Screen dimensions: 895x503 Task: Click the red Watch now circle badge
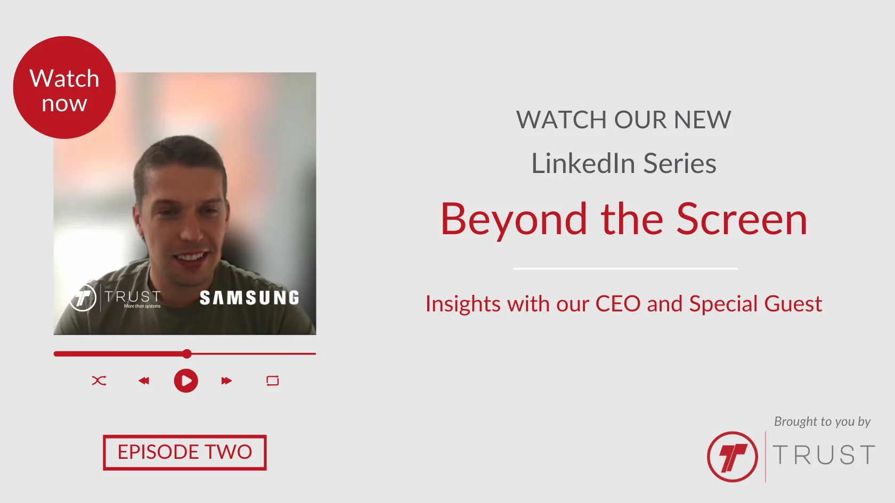(64, 87)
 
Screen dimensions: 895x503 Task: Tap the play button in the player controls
(186, 381)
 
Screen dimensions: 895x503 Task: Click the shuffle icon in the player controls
(99, 381)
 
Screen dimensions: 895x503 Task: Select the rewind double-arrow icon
(144, 381)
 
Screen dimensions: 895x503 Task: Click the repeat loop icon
(273, 381)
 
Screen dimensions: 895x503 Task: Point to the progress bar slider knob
(187, 353)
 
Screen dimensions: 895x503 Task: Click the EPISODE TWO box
(184, 452)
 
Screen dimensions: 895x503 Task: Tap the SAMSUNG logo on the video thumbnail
(249, 298)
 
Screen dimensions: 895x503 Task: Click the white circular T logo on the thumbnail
(83, 298)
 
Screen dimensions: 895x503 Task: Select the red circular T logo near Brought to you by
(733, 456)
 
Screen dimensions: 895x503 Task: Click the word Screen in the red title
(742, 219)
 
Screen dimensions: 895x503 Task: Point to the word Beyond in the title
(514, 219)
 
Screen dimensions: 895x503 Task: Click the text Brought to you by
(823, 422)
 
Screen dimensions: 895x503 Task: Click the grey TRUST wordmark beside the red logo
(824, 455)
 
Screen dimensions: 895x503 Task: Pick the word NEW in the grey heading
(702, 119)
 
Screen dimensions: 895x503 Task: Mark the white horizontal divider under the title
(625, 269)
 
